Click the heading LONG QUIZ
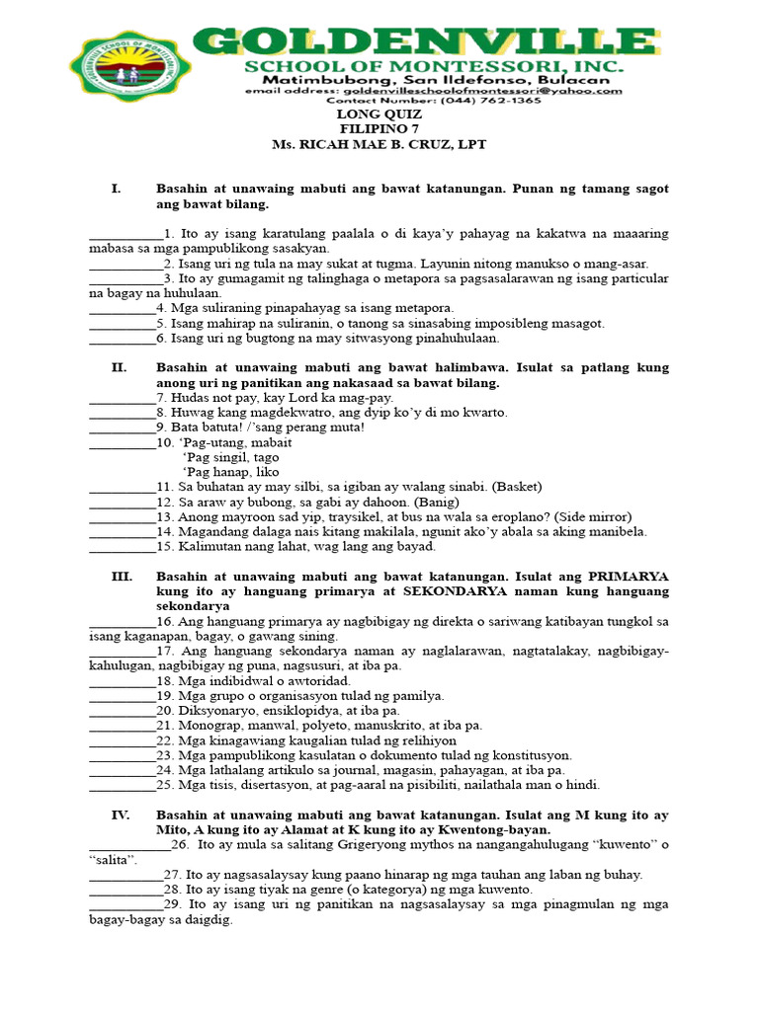(x=379, y=115)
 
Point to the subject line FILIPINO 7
(x=379, y=129)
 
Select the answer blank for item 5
(x=122, y=324)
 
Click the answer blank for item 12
(x=122, y=502)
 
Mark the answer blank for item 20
(x=122, y=711)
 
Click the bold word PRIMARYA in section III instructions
(x=629, y=576)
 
